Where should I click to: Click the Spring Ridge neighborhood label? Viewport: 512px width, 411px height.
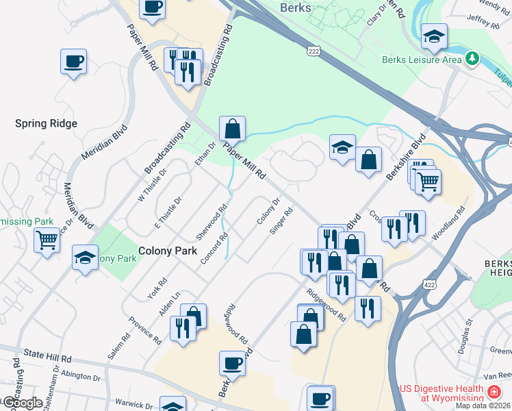point(47,123)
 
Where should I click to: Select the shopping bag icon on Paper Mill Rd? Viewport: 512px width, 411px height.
point(232,128)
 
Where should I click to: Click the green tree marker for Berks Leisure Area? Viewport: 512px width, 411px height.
point(472,59)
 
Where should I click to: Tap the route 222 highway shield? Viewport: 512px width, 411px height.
point(314,51)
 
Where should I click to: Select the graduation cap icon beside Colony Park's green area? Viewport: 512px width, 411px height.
point(86,258)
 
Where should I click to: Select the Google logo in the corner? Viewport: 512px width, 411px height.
point(23,403)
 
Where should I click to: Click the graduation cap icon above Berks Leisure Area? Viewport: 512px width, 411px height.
point(434,37)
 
